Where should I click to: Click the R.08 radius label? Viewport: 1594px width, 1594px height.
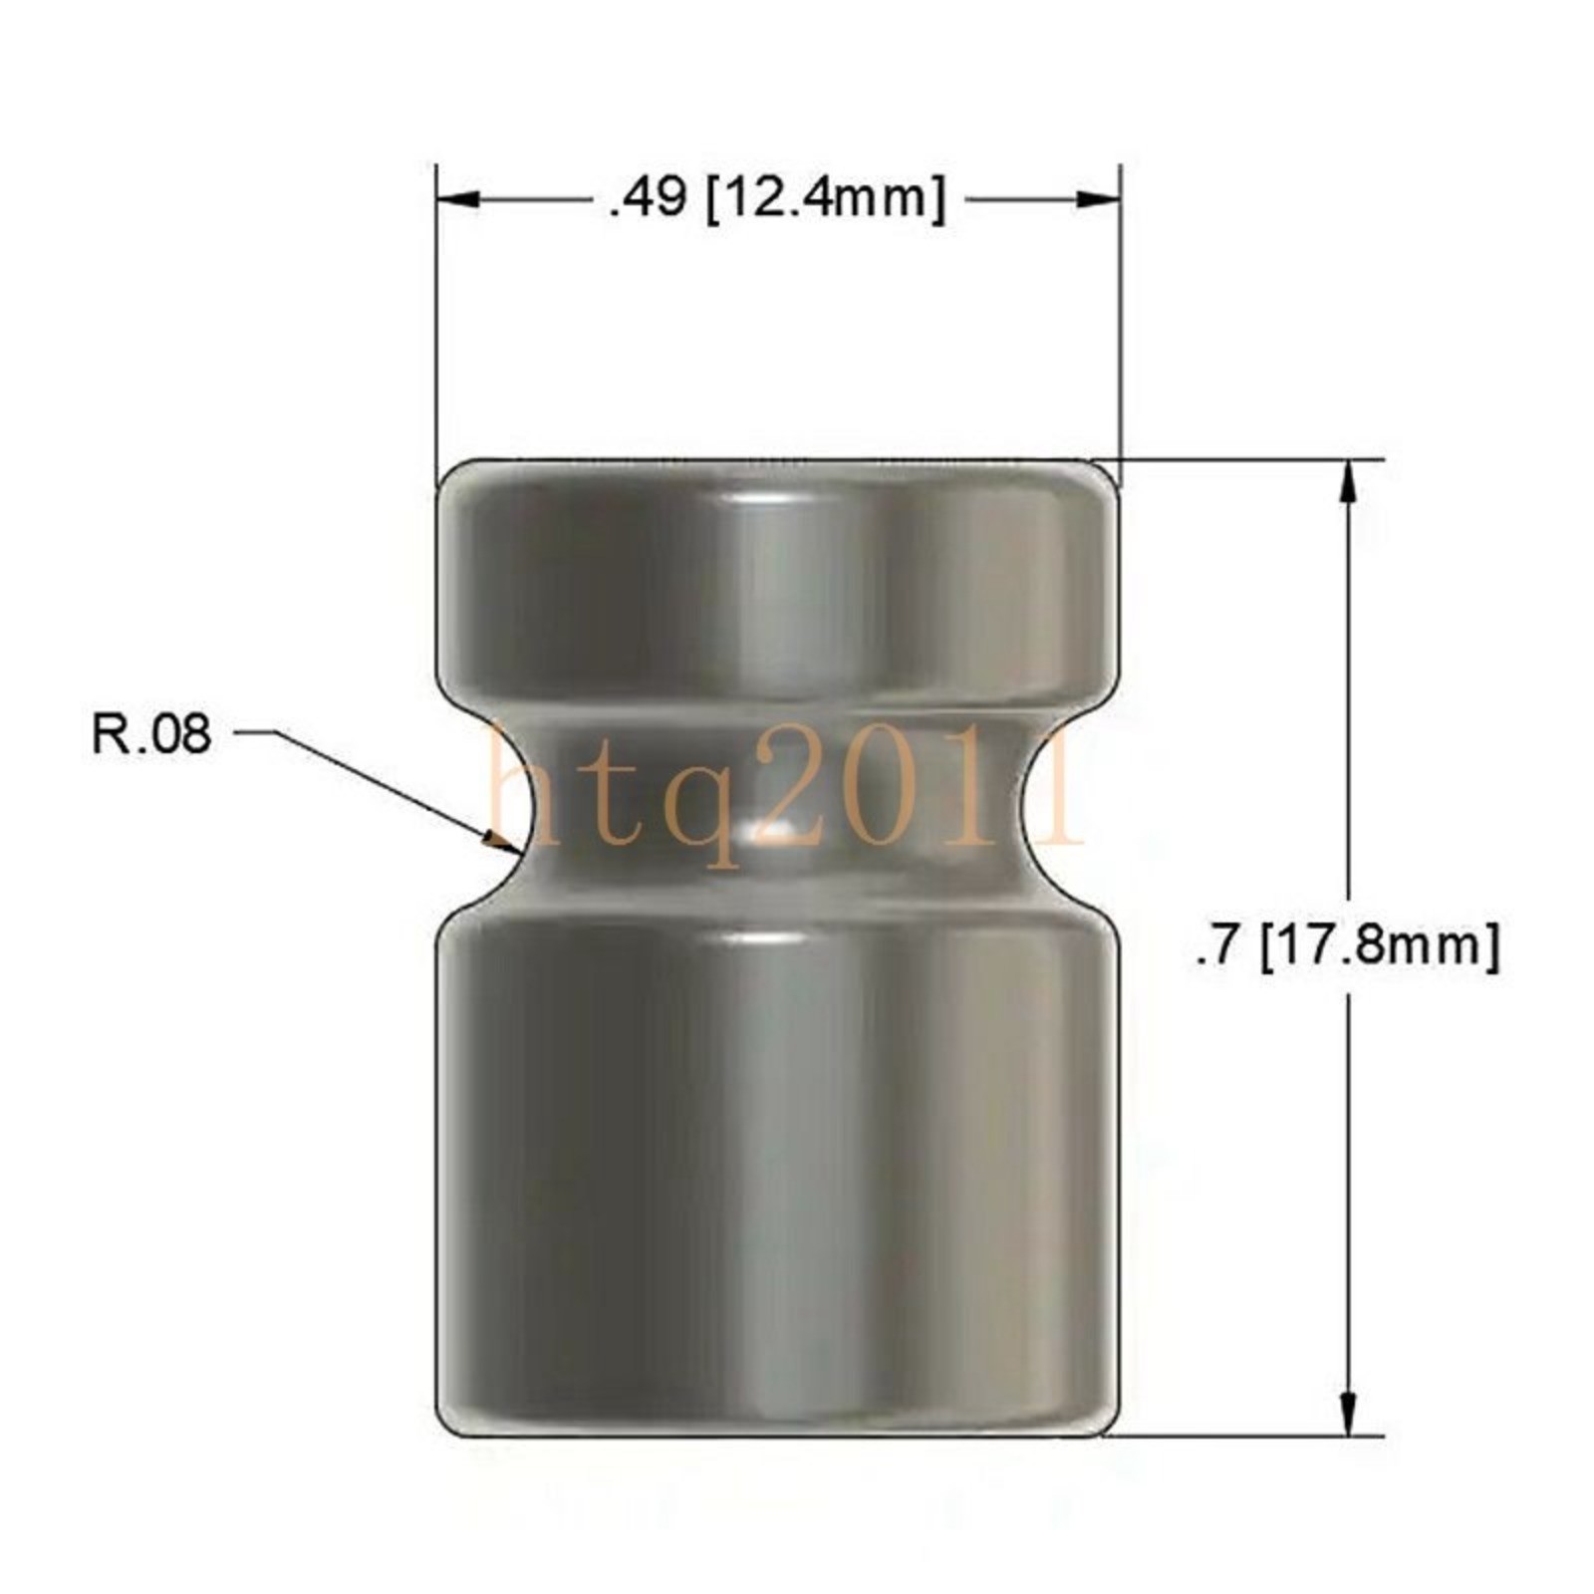[151, 735]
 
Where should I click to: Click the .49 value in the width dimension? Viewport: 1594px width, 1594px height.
[648, 200]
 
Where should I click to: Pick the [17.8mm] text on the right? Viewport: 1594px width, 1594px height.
[1380, 946]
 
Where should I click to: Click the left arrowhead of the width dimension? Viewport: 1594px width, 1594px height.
[459, 200]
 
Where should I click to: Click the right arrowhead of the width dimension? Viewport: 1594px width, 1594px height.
[1098, 200]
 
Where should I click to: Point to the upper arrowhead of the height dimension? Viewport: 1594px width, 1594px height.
[1349, 482]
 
